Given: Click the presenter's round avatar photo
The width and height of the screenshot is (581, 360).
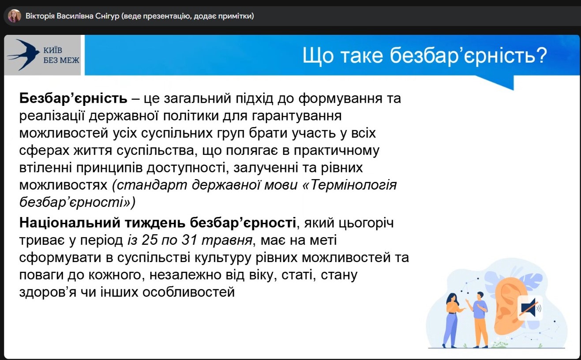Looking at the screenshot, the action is click(x=14, y=16).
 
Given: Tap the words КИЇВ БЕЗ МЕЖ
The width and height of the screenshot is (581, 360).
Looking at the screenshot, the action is click(x=61, y=55).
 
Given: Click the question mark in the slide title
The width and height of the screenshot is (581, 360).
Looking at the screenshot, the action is click(x=541, y=55).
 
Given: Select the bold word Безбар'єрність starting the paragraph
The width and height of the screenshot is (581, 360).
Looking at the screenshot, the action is click(x=73, y=98).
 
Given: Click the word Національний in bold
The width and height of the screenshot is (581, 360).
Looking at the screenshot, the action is click(x=70, y=223).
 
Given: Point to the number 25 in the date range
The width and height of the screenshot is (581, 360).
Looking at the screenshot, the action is click(x=150, y=240).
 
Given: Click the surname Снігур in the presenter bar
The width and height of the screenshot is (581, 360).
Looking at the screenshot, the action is click(x=107, y=16).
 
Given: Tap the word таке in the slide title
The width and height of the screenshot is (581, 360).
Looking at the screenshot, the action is click(x=362, y=56).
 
